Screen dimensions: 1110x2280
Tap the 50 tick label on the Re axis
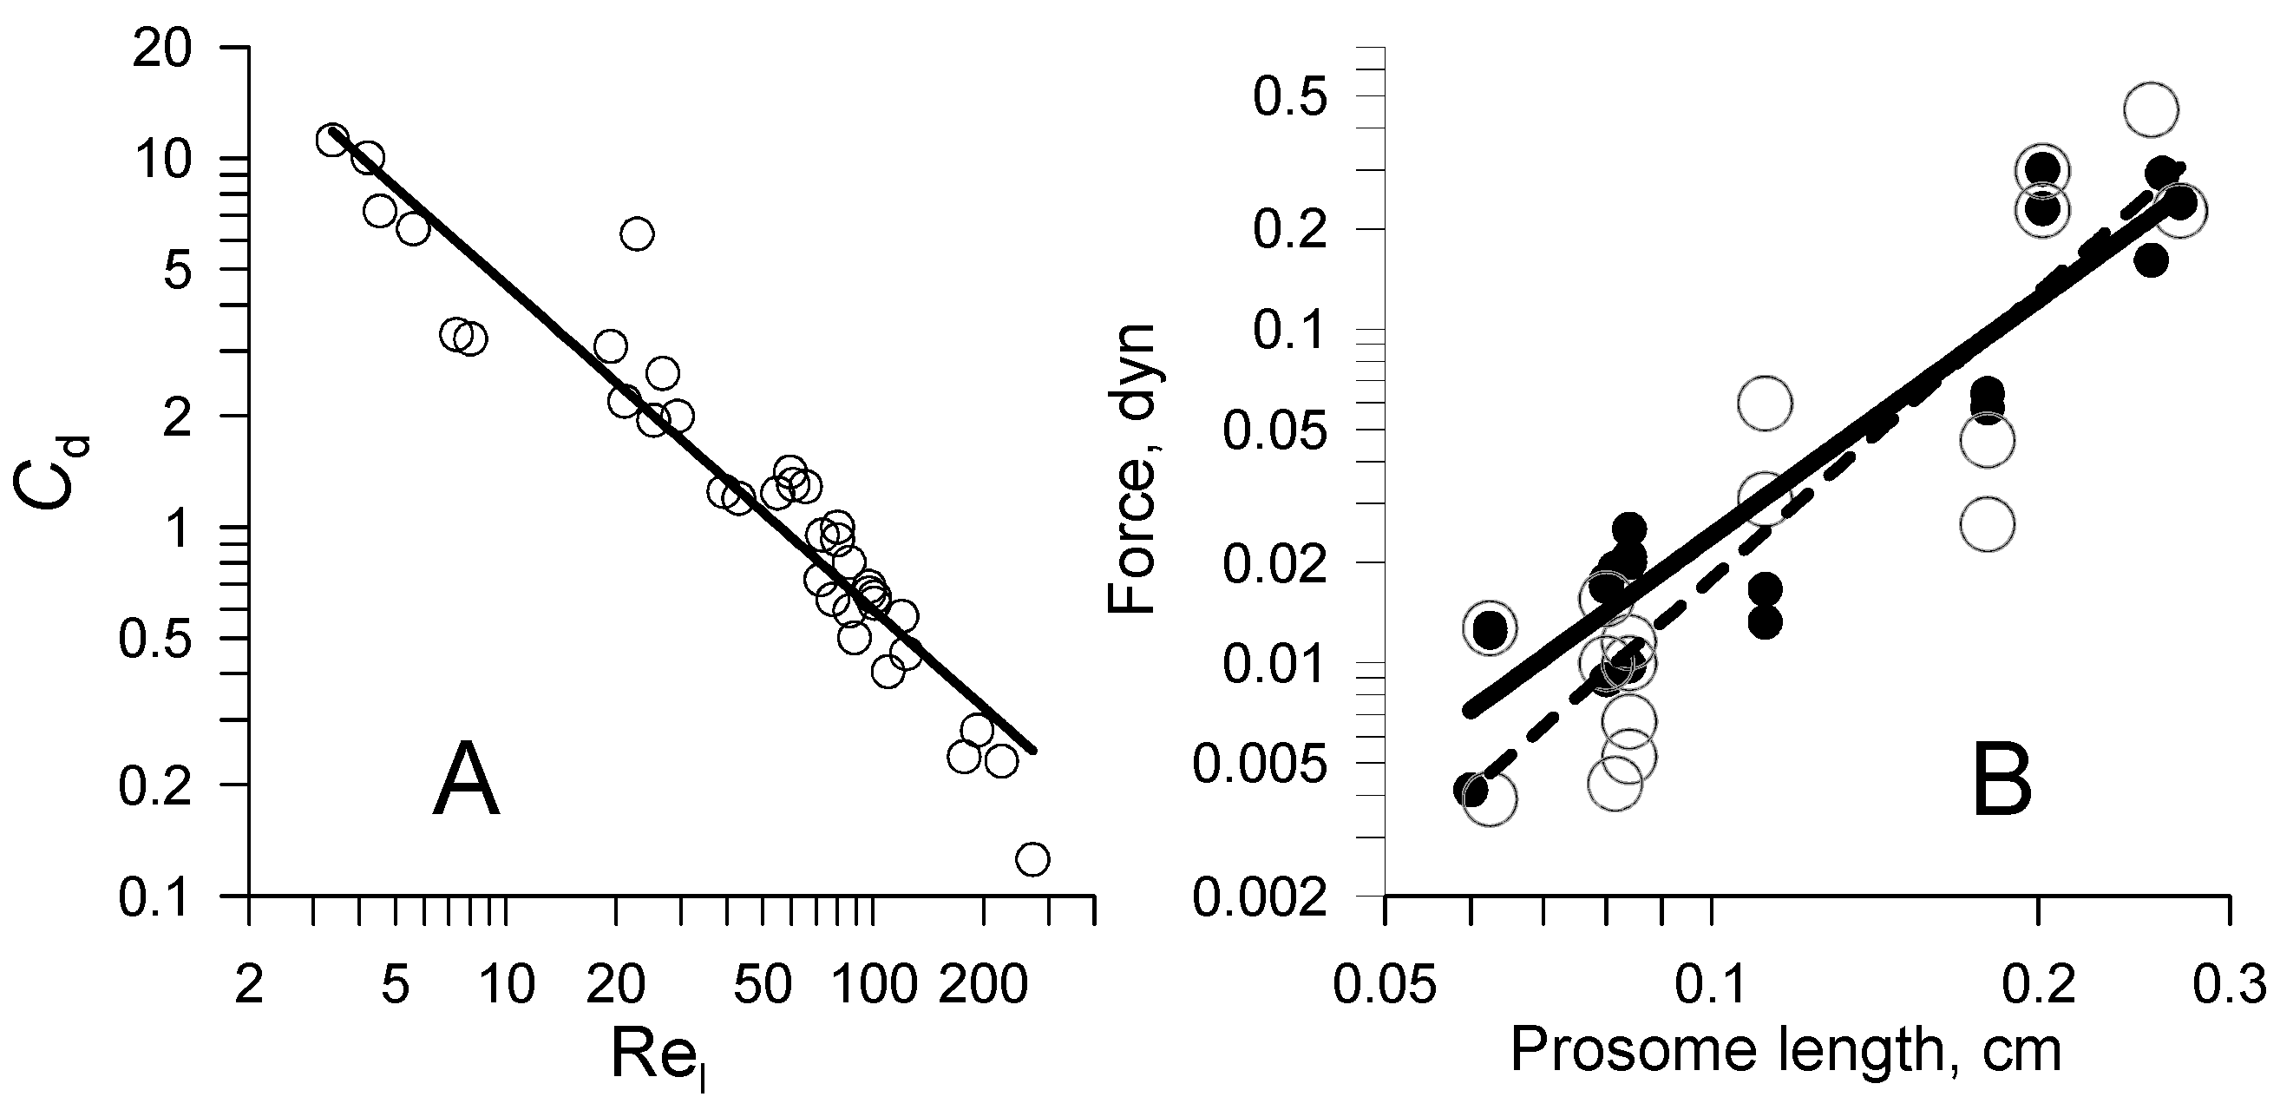coord(762,984)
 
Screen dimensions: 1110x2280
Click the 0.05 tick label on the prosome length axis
coord(1385,984)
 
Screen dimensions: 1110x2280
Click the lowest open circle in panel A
coord(1033,858)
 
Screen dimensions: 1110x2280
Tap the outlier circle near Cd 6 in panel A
coord(638,233)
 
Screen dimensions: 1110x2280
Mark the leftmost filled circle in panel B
coord(1471,789)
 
